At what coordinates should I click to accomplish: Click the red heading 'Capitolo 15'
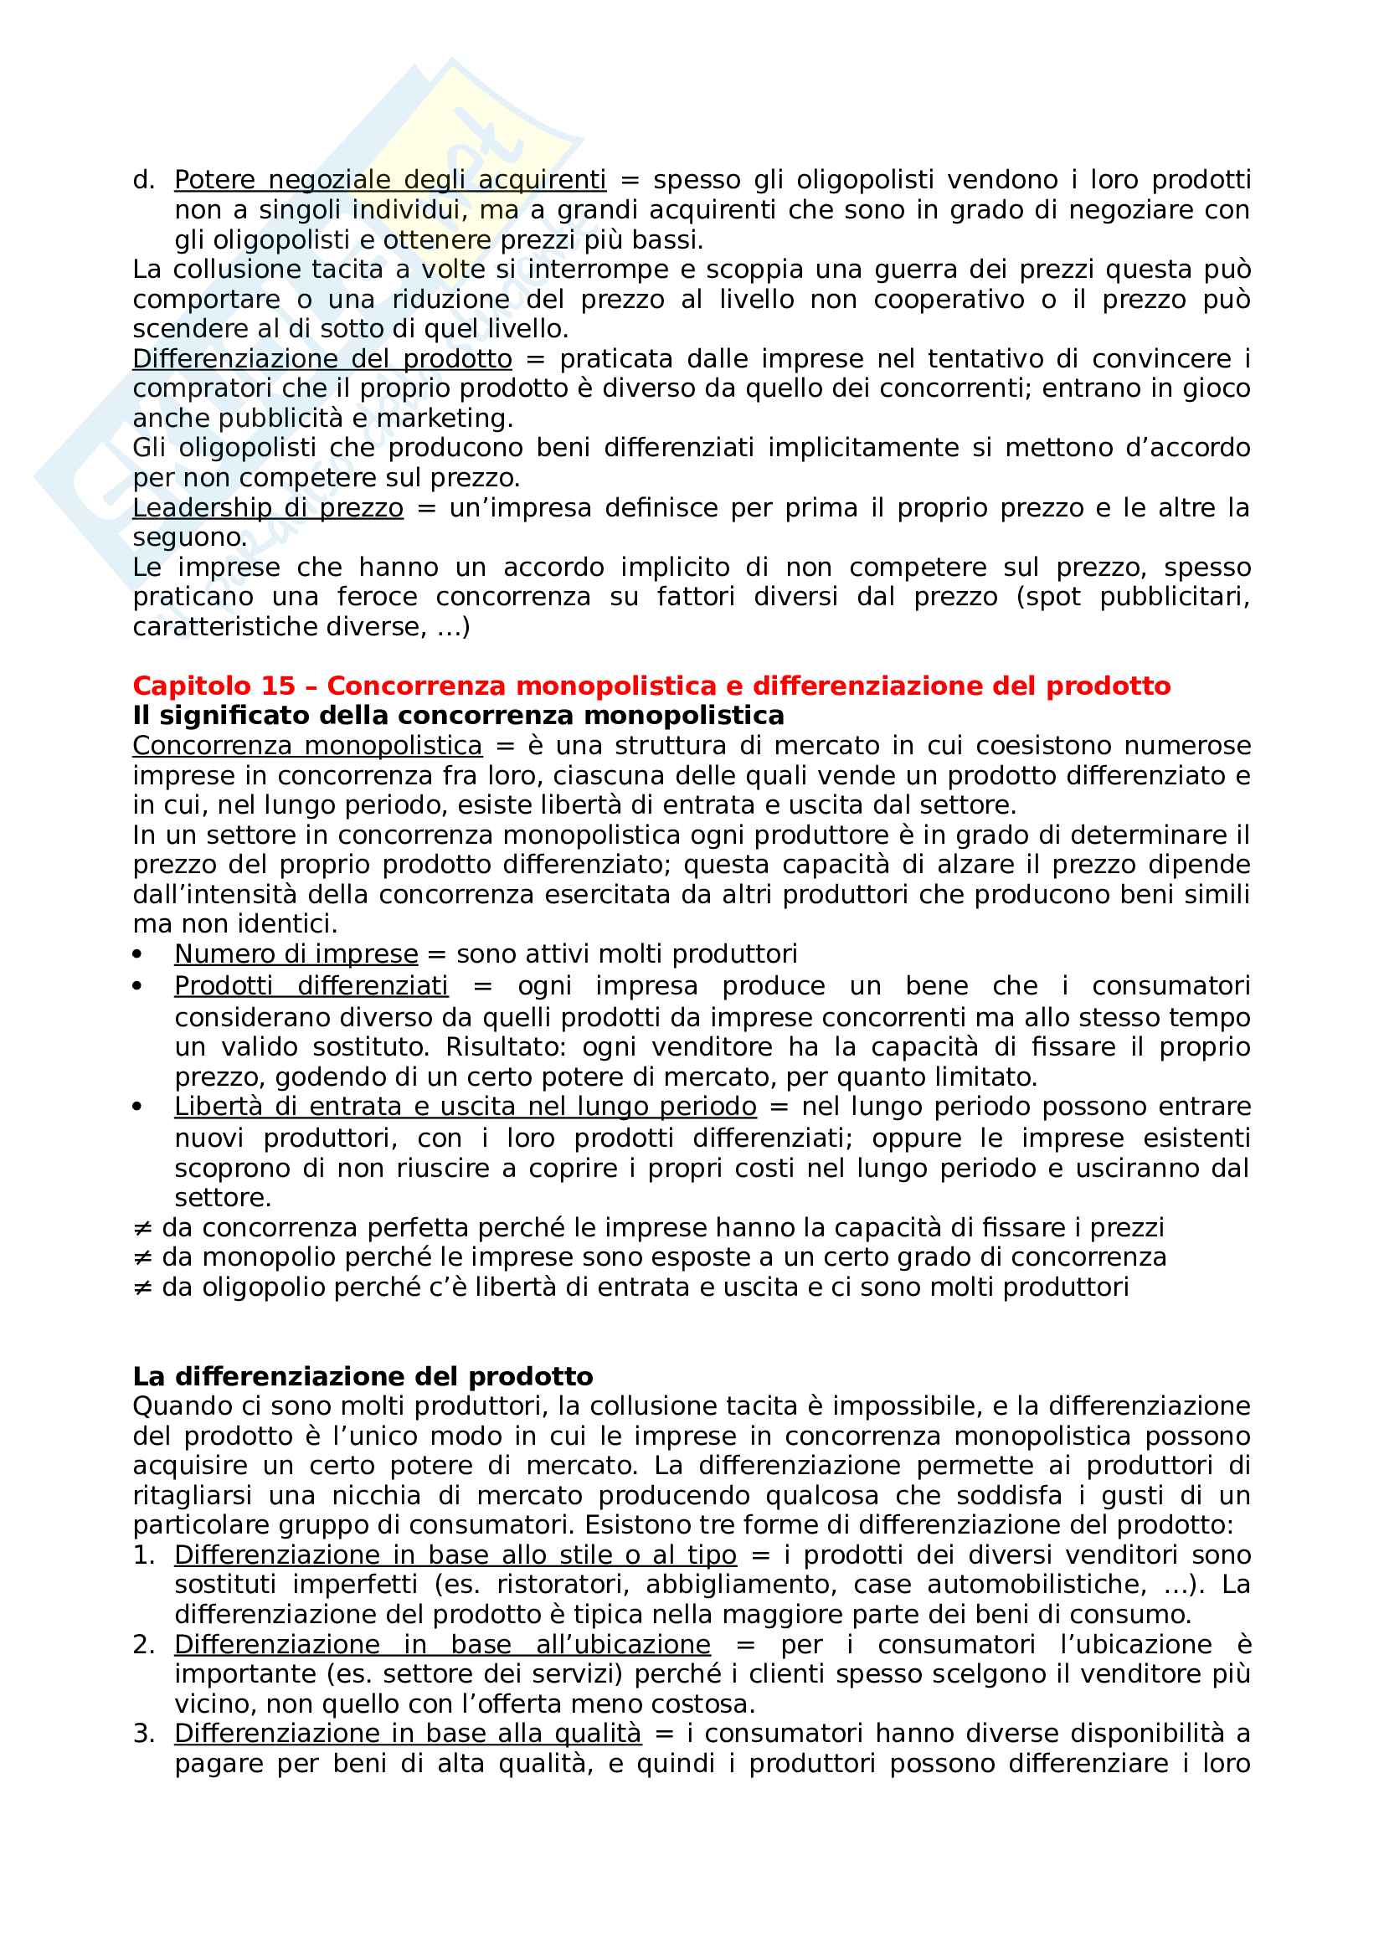click(214, 686)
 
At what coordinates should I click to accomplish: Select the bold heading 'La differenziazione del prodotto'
click(363, 1376)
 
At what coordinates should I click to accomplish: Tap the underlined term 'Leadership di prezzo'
click(268, 508)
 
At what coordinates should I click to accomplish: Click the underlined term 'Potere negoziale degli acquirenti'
click(389, 180)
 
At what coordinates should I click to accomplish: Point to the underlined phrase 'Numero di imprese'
click(296, 954)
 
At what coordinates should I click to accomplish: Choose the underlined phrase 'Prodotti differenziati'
click(311, 986)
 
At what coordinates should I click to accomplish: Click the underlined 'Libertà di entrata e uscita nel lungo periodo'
click(465, 1107)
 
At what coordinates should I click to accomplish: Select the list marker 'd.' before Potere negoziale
click(143, 180)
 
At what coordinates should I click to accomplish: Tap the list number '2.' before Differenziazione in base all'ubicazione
click(143, 1644)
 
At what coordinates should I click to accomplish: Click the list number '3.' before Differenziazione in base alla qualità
click(143, 1734)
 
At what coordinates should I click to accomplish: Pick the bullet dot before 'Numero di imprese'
click(137, 955)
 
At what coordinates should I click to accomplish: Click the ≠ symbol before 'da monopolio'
click(142, 1258)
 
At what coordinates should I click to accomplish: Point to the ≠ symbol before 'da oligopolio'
click(142, 1287)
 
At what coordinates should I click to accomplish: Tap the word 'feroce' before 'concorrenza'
click(377, 597)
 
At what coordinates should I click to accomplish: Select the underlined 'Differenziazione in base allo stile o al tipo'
click(455, 1555)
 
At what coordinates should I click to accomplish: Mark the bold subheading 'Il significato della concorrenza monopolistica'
click(458, 716)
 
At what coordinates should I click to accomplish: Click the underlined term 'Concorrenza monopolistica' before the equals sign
click(307, 746)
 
